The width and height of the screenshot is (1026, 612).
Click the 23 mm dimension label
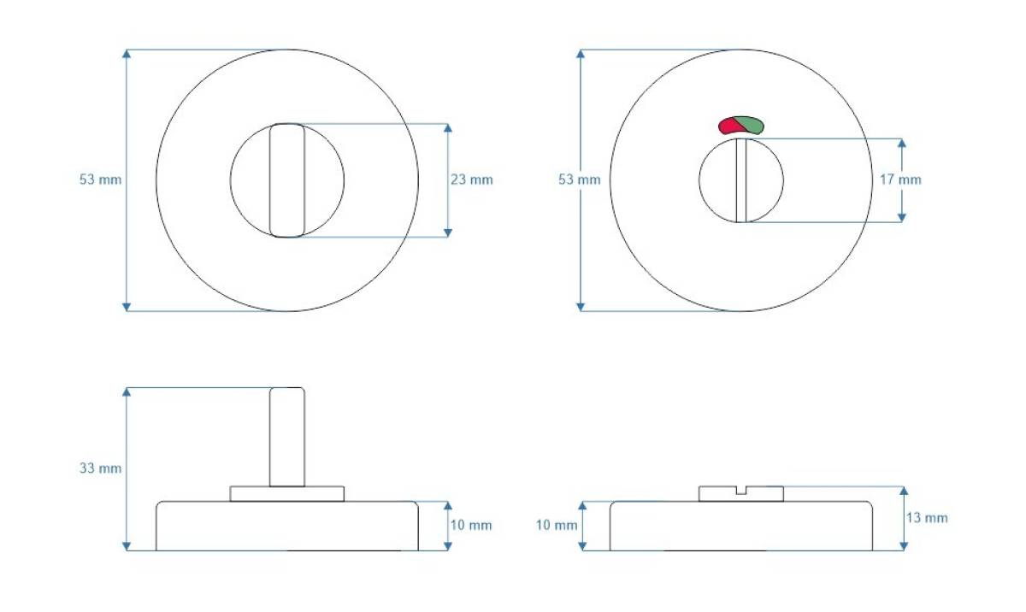pos(471,179)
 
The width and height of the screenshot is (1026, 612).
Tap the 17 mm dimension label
pos(900,179)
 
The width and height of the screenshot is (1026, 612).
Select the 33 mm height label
pos(100,468)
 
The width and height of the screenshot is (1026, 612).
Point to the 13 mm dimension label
pos(927,518)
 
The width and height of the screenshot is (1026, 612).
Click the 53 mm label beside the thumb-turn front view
pos(100,179)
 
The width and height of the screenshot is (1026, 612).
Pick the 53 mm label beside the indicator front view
pos(579,179)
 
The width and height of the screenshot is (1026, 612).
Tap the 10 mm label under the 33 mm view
pos(471,525)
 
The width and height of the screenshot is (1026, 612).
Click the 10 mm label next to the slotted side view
pos(557,525)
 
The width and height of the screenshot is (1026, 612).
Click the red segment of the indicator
pos(728,127)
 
